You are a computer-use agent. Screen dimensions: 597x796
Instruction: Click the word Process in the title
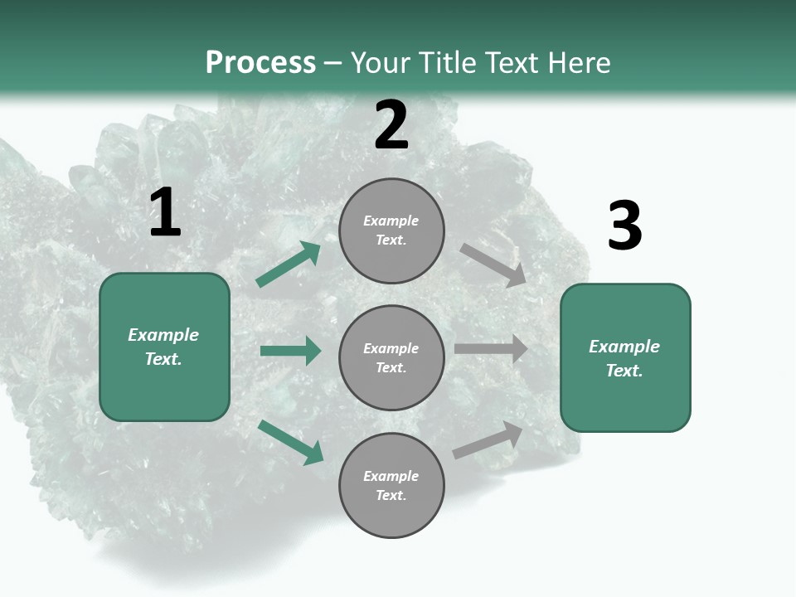pyautogui.click(x=260, y=63)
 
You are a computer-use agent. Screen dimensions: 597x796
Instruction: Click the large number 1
pyautogui.click(x=165, y=213)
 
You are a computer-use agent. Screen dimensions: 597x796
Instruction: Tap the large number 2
pyautogui.click(x=391, y=125)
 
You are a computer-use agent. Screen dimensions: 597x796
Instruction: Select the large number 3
pyautogui.click(x=624, y=226)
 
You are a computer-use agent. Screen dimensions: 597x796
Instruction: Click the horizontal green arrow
pyautogui.click(x=290, y=351)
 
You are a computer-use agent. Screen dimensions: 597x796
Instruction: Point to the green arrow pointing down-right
pyautogui.click(x=290, y=442)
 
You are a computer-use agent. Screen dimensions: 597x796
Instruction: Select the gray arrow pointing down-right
pyautogui.click(x=493, y=265)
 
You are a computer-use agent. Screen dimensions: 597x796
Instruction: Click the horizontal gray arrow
pyautogui.click(x=490, y=349)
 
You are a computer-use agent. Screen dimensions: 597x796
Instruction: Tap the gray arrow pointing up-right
pyautogui.click(x=488, y=440)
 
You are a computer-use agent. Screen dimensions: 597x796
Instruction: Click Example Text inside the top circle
pyautogui.click(x=391, y=231)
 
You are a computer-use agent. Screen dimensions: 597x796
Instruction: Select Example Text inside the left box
pyautogui.click(x=163, y=347)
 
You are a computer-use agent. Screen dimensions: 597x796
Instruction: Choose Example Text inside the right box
pyautogui.click(x=624, y=358)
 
